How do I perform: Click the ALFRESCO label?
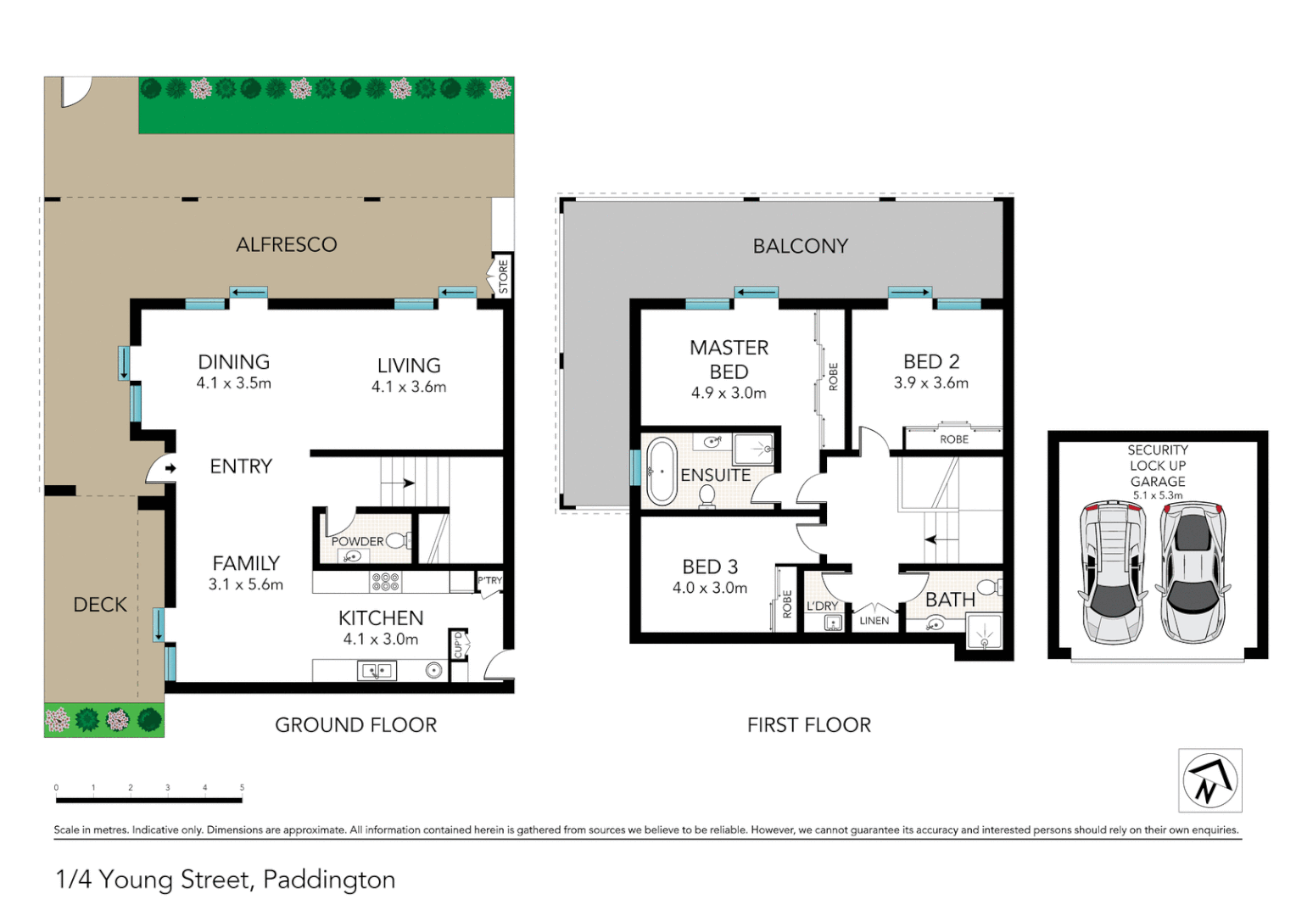pos(286,244)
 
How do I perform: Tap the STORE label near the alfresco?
pos(503,276)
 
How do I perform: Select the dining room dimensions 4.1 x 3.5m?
pos(234,383)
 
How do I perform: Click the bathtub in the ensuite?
pos(661,471)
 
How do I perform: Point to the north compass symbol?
pos(1209,780)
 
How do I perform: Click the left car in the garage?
pos(1112,572)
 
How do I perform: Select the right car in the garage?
pos(1193,572)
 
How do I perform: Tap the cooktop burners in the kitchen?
pos(385,581)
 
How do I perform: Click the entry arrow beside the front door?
pos(170,468)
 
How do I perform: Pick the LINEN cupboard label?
pos(874,621)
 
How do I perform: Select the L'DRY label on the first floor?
pos(822,606)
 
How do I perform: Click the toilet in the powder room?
pos(399,540)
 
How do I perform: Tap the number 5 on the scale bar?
pos(242,788)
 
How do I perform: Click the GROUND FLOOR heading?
pos(355,725)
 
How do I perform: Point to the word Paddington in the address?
pos(329,880)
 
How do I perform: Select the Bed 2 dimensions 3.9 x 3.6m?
pos(930,383)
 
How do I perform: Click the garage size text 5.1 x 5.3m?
pos(1157,495)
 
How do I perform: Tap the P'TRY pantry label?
pos(489,581)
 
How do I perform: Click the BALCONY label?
pos(800,246)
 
